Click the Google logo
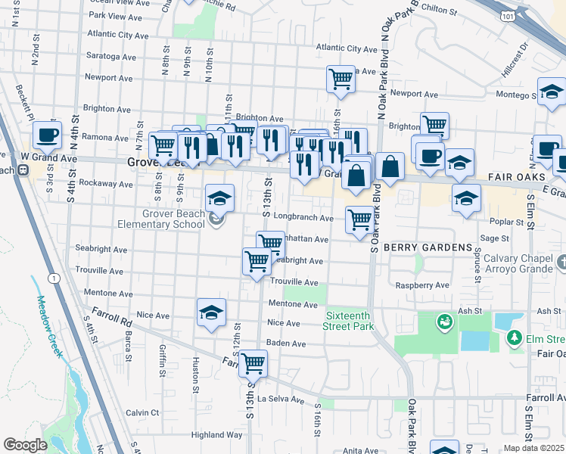click(x=25, y=445)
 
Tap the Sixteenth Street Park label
click(x=350, y=321)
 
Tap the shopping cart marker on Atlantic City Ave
click(x=341, y=78)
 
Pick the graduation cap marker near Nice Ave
click(x=212, y=312)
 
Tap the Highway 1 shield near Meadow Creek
click(x=54, y=278)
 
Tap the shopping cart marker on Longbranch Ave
click(x=359, y=220)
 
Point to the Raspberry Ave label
click(x=422, y=285)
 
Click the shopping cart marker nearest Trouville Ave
click(x=257, y=261)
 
